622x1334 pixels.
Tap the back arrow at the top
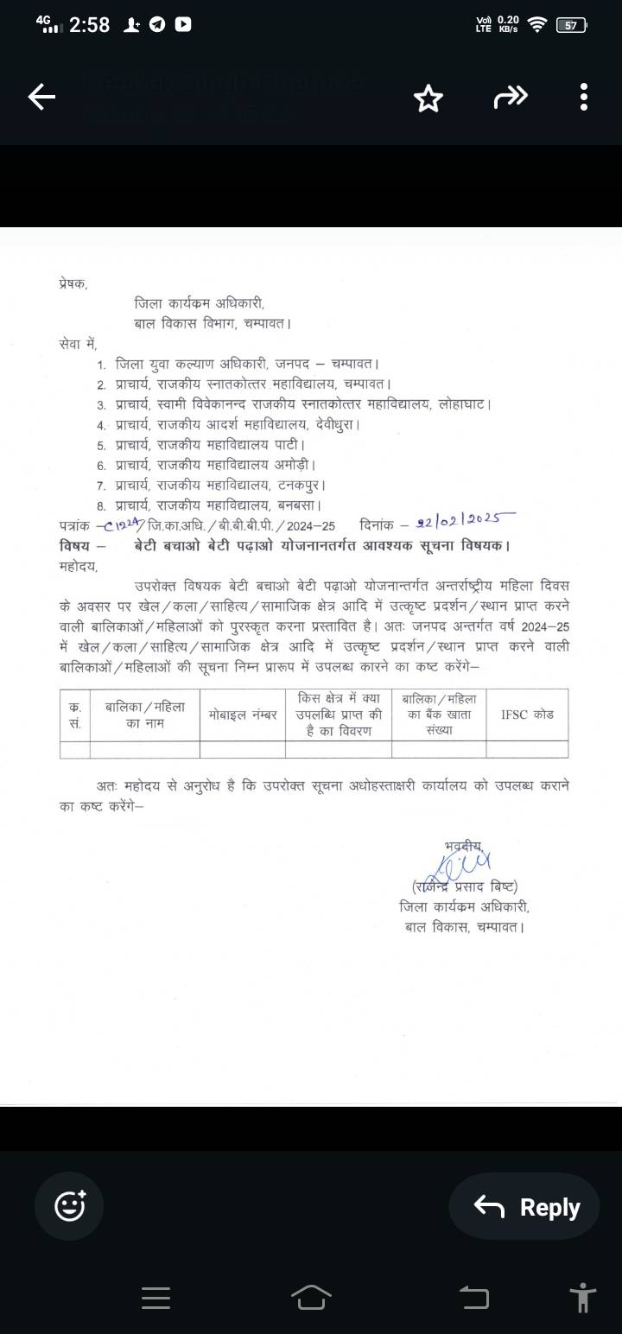pos(41,98)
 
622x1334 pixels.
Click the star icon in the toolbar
pos(428,98)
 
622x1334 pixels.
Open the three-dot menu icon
pos(584,98)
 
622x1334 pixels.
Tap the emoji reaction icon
pos(70,1205)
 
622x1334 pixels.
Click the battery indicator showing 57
pos(571,25)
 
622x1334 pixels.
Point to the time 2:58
pos(89,25)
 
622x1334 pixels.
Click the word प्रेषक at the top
pos(73,283)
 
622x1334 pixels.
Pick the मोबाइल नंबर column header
pos(242,714)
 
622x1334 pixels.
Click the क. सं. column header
pos(74,714)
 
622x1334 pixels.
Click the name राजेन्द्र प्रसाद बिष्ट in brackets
pos(465,886)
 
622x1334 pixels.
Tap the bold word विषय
pos(74,545)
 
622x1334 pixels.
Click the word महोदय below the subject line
pos(79,567)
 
